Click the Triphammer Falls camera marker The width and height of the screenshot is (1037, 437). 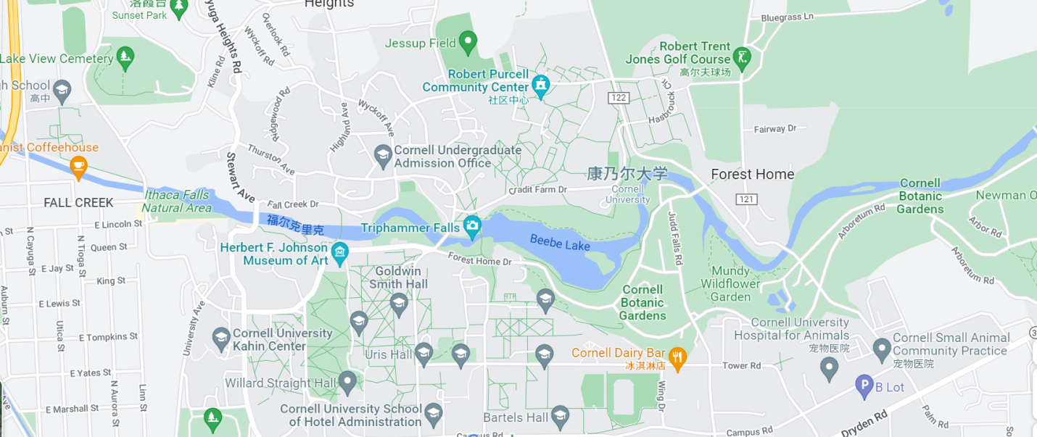[473, 226]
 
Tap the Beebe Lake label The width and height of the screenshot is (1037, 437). [560, 243]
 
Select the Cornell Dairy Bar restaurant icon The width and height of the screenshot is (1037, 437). [677, 357]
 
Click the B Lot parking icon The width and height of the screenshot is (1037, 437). [864, 386]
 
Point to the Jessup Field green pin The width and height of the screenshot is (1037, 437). [468, 42]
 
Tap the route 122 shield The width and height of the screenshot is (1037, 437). [619, 98]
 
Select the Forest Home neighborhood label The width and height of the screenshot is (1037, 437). [752, 174]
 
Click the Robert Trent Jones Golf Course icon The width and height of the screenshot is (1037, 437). [741, 57]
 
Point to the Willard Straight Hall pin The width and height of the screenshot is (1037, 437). [348, 381]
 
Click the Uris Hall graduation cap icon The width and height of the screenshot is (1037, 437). [424, 353]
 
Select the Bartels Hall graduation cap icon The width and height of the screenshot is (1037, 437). [559, 415]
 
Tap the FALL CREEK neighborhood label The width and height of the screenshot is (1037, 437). [78, 202]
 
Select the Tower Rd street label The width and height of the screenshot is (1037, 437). [740, 366]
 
